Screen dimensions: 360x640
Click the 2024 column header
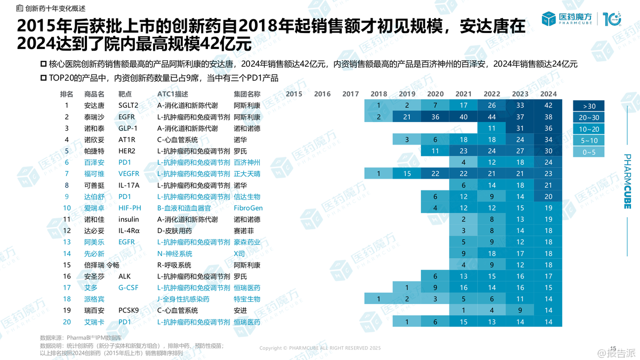[548, 94]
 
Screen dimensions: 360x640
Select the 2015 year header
[294, 94]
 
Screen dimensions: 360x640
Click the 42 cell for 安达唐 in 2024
[548, 106]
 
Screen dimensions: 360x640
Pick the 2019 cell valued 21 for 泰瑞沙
[407, 117]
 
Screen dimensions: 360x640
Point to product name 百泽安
[94, 163]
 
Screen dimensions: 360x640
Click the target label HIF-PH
[130, 209]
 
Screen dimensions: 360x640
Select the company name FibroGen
[248, 209]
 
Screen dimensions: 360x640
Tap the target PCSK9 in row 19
[129, 310]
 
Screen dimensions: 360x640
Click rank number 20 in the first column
[67, 322]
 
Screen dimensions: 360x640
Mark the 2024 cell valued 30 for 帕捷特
[548, 151]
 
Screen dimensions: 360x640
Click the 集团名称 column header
[247, 94]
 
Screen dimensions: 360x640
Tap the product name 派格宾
[94, 299]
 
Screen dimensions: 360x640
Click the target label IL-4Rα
[129, 231]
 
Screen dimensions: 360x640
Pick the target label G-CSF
[128, 288]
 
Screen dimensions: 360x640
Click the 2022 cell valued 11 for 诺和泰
[492, 129]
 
